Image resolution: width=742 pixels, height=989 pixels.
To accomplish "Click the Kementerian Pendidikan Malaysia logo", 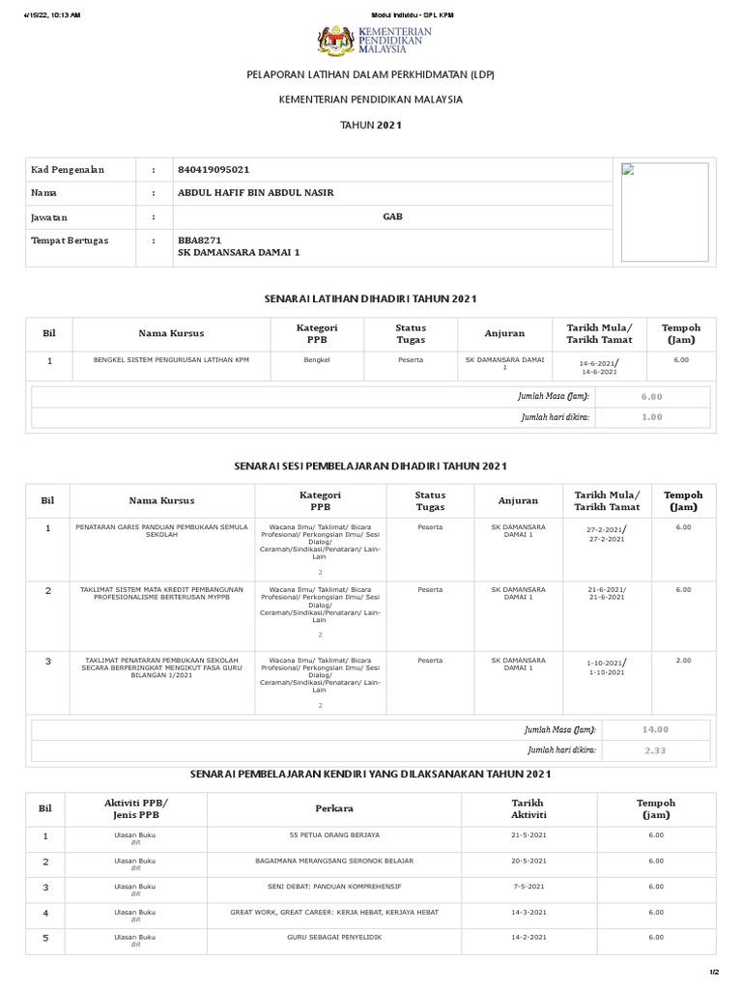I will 373,42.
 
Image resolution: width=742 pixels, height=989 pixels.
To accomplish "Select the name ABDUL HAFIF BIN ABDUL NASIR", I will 256,193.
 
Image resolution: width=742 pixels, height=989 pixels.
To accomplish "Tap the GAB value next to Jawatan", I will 392,216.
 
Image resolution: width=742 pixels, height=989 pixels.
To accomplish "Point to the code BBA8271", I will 200,240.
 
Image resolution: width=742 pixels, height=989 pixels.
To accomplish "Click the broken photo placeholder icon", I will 627,170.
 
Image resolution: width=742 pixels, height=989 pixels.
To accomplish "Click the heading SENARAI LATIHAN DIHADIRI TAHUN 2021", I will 371,299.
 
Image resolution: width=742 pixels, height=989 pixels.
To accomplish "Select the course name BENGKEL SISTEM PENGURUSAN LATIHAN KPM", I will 171,359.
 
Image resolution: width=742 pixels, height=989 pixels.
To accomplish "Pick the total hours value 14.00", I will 656,729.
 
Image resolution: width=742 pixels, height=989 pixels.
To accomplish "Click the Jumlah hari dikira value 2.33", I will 656,749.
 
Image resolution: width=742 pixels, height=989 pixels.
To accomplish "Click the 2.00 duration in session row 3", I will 683,661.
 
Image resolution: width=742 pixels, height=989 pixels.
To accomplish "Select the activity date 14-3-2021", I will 528,912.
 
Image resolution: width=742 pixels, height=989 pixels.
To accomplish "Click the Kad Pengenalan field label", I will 68,170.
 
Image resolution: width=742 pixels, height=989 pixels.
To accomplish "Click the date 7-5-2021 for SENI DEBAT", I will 528,886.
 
